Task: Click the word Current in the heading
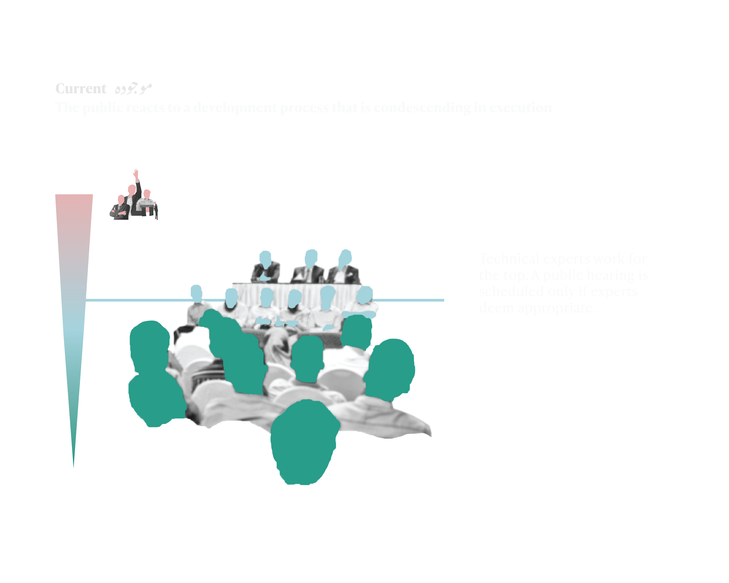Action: coord(81,89)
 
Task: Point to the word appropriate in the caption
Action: coord(556,308)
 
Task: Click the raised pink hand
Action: coord(136,174)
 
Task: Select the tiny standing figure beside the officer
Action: coord(156,210)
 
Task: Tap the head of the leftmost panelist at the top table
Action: coord(265,259)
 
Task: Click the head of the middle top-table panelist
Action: coord(311,258)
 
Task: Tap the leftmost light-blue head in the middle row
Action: coord(196,292)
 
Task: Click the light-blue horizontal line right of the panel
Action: coord(409,300)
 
